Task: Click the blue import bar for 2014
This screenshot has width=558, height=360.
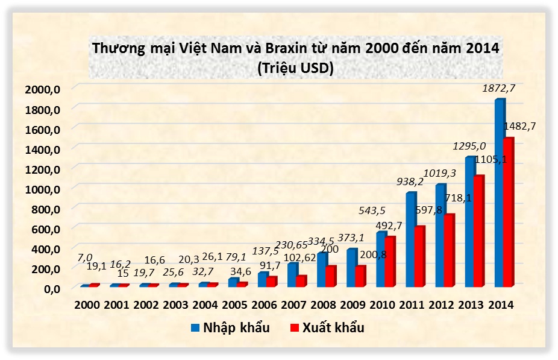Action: [x=499, y=193]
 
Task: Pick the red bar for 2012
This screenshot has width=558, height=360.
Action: [x=449, y=250]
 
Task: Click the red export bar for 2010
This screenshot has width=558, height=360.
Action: [x=390, y=261]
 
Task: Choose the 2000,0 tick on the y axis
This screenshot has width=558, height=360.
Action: [x=43, y=89]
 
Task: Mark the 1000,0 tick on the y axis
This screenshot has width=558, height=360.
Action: [x=43, y=189]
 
